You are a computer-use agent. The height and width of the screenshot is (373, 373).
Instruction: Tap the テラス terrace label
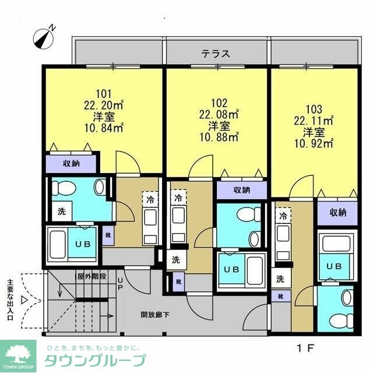pyautogui.click(x=216, y=54)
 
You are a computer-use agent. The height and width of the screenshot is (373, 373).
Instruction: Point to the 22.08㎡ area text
pyautogui.click(x=220, y=114)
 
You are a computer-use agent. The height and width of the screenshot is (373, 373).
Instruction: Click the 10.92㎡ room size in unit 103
pyautogui.click(x=314, y=142)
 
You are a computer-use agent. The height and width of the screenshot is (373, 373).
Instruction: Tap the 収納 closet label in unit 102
pyautogui.click(x=242, y=189)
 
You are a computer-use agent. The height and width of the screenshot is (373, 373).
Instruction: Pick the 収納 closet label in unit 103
pyautogui.click(x=337, y=213)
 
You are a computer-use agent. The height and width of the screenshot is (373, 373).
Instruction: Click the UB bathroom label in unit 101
pyautogui.click(x=82, y=243)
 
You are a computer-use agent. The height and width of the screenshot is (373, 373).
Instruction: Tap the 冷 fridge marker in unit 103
pyautogui.click(x=283, y=216)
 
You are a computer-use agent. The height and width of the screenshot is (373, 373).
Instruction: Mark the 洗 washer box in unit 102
pyautogui.click(x=175, y=260)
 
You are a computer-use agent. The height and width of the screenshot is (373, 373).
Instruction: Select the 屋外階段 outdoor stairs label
pyautogui.click(x=92, y=276)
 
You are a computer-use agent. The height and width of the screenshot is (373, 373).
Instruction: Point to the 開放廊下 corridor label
pyautogui.click(x=155, y=315)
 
